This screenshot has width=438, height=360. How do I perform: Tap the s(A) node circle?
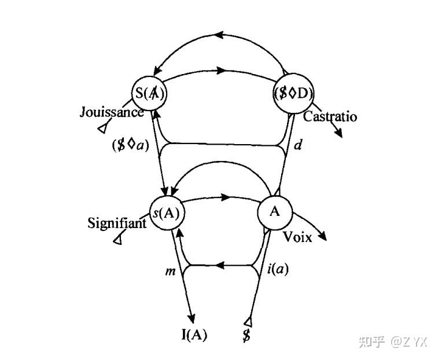coord(167,212)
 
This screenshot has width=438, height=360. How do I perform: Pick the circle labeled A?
coord(274,211)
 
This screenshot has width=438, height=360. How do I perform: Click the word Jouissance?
coord(112,112)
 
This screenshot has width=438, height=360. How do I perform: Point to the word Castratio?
coord(330,117)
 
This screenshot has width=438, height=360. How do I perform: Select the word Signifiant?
coord(117,222)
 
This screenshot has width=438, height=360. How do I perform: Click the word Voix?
coord(297,237)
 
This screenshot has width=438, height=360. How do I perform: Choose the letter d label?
coord(298,145)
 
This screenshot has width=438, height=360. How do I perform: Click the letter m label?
coord(170,270)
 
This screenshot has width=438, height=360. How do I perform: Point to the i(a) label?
coord(278,269)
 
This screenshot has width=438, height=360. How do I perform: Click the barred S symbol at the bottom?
coord(246,335)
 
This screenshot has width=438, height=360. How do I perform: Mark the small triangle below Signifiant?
coord(118,238)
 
